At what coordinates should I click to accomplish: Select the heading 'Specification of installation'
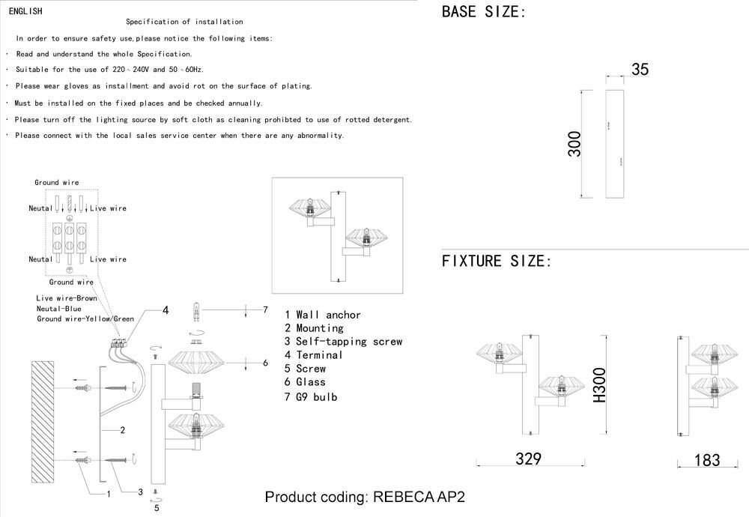click(184, 22)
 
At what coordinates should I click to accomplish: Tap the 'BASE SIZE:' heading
click(484, 12)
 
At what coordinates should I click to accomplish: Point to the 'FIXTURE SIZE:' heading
click(497, 261)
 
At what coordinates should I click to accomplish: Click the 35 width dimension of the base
click(640, 70)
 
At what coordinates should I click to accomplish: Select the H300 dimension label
click(599, 387)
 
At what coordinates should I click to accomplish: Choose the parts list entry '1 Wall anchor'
click(323, 315)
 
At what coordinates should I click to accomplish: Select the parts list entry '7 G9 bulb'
click(311, 396)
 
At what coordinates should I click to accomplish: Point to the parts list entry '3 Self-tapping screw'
click(344, 342)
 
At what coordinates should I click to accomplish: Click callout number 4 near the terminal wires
click(166, 310)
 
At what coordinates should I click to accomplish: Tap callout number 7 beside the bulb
click(264, 309)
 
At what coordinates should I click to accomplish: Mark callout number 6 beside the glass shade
click(264, 363)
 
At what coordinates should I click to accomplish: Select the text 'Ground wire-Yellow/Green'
click(85, 319)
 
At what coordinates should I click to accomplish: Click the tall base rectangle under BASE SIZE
click(614, 144)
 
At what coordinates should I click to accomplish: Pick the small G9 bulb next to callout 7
click(198, 309)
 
